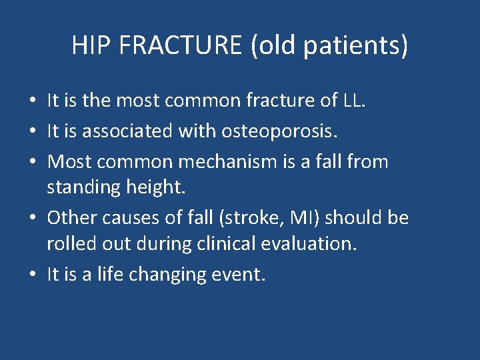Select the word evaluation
[x=313, y=244]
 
